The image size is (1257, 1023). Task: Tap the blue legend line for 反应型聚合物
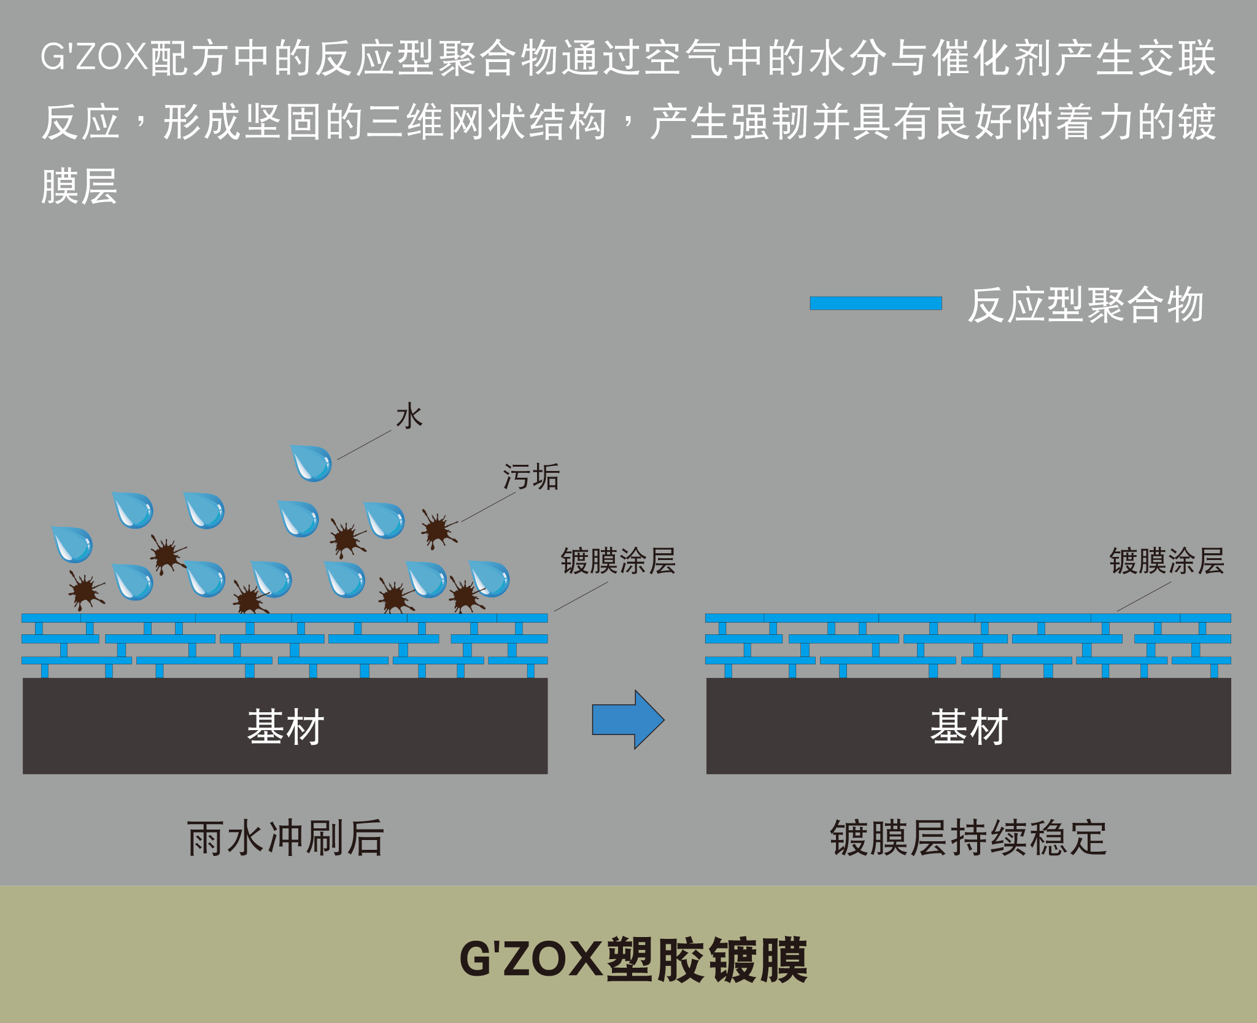(x=876, y=303)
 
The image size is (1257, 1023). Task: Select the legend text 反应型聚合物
(x=1085, y=305)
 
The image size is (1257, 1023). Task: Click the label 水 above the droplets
(x=409, y=416)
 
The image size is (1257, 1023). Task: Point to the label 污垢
(x=531, y=476)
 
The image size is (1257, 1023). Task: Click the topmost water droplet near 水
(x=311, y=463)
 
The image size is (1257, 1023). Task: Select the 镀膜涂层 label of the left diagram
(x=618, y=561)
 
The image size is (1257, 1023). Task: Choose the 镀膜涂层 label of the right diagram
(x=1167, y=561)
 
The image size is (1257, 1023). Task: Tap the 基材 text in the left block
(x=285, y=727)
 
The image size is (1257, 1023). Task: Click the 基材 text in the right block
(x=969, y=727)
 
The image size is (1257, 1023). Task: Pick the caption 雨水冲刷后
(x=285, y=838)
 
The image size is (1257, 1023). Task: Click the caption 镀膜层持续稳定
(x=969, y=838)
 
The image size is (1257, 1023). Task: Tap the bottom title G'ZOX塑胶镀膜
(x=633, y=960)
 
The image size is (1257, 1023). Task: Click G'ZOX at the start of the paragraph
(x=94, y=57)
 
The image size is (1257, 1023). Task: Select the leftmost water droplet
(x=72, y=545)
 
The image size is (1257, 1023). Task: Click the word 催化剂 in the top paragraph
(x=992, y=58)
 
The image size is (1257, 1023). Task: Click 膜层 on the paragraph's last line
(x=79, y=186)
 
